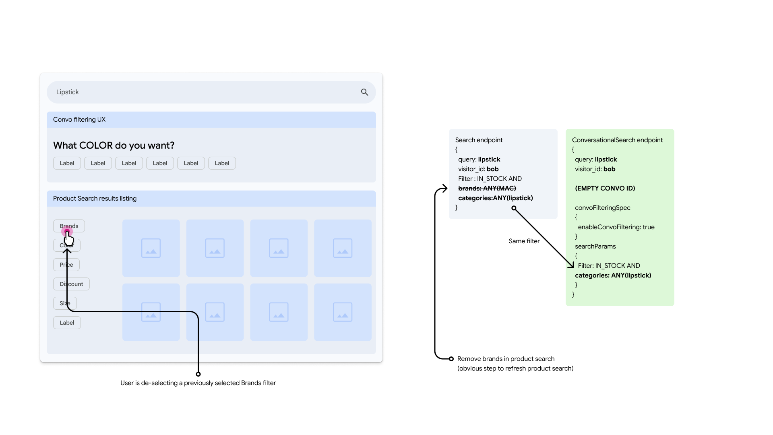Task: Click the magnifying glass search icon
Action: pos(364,92)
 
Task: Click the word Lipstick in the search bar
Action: pos(67,92)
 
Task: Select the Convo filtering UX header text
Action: pos(79,120)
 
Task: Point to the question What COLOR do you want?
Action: pos(114,145)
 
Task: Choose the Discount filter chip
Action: pos(71,284)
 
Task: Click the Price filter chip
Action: pos(66,265)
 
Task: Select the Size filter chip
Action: pos(65,303)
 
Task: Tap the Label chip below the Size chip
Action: pos(67,323)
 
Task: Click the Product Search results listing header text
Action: pos(95,199)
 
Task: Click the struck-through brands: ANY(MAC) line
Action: pos(487,188)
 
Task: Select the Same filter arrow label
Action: pos(524,241)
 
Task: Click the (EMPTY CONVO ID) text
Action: pos(605,188)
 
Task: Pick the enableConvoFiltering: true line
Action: pos(616,227)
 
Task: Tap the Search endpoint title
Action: pos(479,140)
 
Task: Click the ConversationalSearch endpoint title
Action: pos(617,140)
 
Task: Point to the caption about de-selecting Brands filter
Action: pos(198,383)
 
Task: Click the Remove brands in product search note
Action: pos(506,359)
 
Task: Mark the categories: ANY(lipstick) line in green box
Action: pos(613,275)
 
